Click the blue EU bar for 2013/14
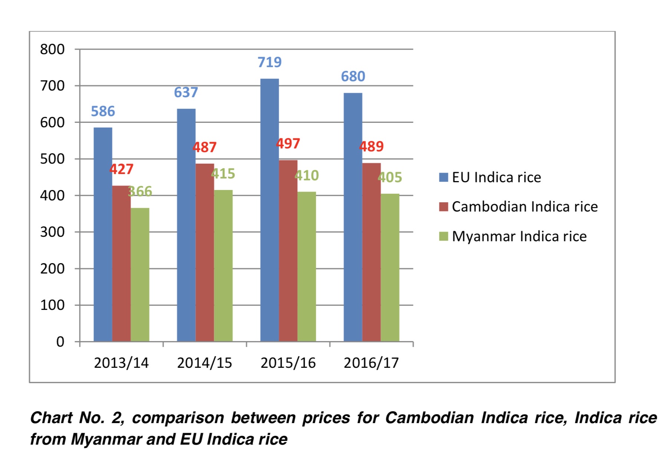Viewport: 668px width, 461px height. [x=103, y=234]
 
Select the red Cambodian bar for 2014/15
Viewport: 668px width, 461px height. [x=205, y=252]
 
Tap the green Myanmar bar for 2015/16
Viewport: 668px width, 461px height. [x=307, y=267]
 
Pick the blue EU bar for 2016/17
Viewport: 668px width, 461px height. [x=353, y=217]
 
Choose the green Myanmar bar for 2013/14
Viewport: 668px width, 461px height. [x=140, y=275]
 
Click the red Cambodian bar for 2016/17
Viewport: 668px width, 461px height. [x=371, y=252]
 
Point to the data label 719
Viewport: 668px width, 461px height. [x=270, y=62]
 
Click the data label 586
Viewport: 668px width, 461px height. [x=103, y=111]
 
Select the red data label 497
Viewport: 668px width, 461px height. [x=288, y=143]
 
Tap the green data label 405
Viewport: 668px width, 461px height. [x=390, y=177]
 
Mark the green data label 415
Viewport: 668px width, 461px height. [x=223, y=173]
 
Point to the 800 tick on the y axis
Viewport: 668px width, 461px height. [x=52, y=49]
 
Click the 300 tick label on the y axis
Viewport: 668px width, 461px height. [x=52, y=232]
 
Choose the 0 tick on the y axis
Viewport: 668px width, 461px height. [x=60, y=341]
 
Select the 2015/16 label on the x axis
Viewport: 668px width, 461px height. [x=288, y=363]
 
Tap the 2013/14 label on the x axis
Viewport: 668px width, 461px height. [x=121, y=363]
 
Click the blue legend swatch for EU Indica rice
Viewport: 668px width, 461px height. [x=443, y=177]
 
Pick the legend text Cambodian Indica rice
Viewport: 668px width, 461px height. [x=525, y=206]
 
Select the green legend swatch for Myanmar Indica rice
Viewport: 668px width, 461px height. [x=443, y=236]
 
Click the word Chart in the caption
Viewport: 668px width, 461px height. [x=51, y=418]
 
